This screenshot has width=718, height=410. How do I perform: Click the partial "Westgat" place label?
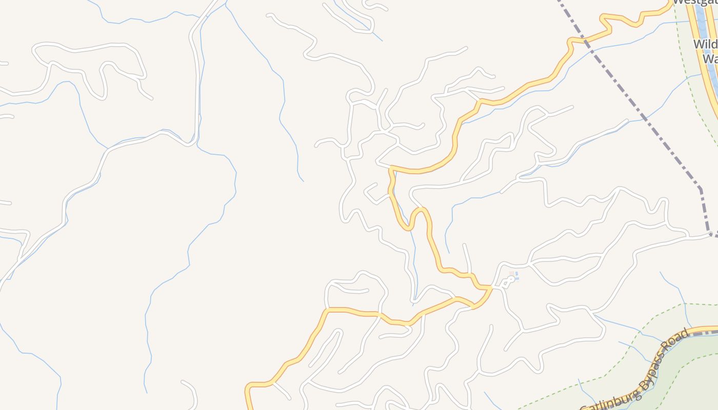pos(694,2)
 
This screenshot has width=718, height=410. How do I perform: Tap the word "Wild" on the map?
pos(705,44)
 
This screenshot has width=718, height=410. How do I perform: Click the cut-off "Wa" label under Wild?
pos(709,59)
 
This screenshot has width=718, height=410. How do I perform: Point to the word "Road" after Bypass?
pos(678,340)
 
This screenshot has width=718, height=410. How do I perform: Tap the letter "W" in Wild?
pos(698,44)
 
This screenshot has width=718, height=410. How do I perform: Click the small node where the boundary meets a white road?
pos(711,235)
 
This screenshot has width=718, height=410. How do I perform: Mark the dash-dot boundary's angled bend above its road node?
pos(701,189)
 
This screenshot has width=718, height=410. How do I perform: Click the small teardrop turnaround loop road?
pos(507,282)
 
